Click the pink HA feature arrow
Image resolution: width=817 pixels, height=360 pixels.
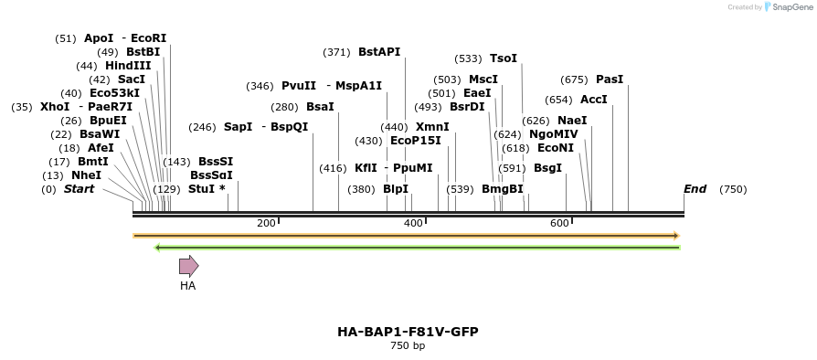(x=188, y=266)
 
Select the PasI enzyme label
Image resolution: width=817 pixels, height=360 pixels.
(x=609, y=79)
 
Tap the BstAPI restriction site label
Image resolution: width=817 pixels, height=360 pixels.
(x=379, y=52)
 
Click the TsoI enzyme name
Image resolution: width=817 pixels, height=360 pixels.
(x=504, y=58)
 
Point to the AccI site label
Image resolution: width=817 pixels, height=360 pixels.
(x=594, y=100)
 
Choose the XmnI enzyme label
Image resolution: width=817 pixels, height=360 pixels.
(x=432, y=127)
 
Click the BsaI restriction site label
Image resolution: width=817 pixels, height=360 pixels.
(x=320, y=107)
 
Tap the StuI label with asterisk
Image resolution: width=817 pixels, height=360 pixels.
(x=207, y=189)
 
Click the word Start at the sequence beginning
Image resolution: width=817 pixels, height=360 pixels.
(x=79, y=189)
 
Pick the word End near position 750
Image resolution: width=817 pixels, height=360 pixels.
(x=695, y=189)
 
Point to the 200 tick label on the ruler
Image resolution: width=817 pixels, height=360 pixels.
(x=266, y=223)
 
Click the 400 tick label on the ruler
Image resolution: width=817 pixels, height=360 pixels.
(x=413, y=223)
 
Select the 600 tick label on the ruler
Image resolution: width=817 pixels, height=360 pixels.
(x=559, y=223)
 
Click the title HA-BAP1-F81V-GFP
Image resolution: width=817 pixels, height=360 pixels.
(x=408, y=332)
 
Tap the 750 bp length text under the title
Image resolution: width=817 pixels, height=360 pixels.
(x=408, y=346)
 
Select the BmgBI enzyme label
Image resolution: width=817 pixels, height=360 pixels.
(x=503, y=189)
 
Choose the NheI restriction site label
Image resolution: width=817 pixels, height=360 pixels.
(x=86, y=175)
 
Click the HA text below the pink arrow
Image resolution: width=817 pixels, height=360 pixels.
(x=187, y=286)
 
